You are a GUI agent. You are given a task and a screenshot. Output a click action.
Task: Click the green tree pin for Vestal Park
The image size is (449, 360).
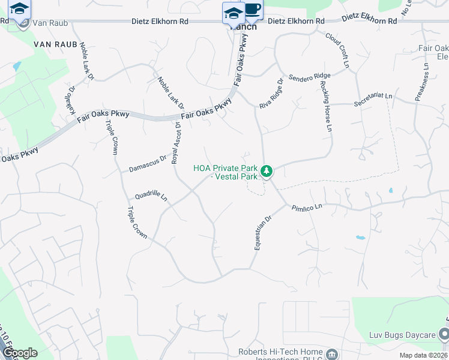[x=268, y=172]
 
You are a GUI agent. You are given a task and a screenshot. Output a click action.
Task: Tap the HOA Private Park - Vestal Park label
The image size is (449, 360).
[x=225, y=172]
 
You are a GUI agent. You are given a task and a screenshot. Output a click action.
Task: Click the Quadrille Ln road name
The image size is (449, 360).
[x=151, y=197]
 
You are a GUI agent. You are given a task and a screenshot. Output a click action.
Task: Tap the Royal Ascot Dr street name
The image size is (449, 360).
[x=176, y=142]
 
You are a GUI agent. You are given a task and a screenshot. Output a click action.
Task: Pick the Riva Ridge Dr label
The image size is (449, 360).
[x=271, y=94]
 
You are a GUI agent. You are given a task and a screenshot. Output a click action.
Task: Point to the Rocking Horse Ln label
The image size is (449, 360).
[x=327, y=108]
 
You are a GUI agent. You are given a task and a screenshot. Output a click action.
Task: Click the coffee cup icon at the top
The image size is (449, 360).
[x=253, y=10]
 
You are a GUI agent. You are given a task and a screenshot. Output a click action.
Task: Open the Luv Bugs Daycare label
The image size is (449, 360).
[x=403, y=333]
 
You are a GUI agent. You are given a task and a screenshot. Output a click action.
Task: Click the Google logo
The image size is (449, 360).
[x=20, y=353]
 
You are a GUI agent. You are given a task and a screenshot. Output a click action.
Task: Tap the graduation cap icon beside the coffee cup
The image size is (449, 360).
[x=233, y=12]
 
